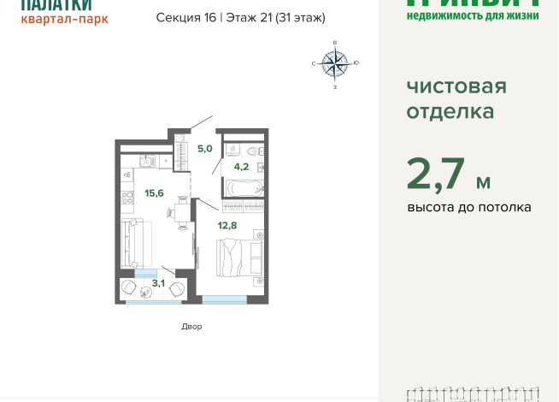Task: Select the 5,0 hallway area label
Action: click(x=204, y=148)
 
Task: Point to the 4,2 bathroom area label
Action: click(x=242, y=167)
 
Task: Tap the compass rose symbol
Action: click(x=335, y=63)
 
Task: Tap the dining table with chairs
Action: click(x=182, y=210)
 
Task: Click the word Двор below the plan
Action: click(x=191, y=327)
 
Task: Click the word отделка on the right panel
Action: click(x=450, y=111)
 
